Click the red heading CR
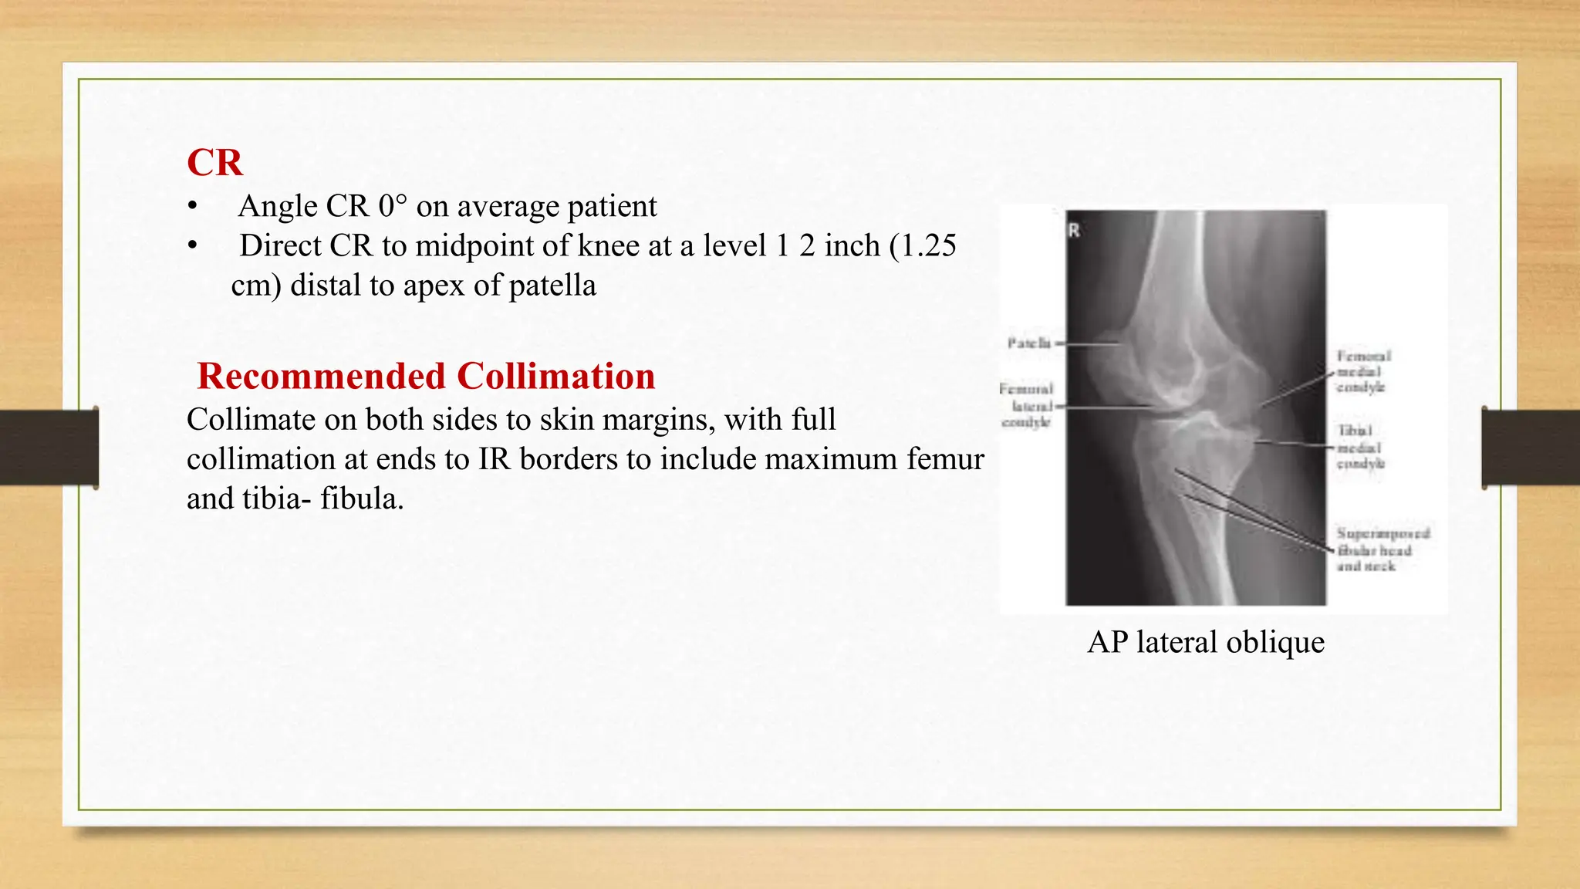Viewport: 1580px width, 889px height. click(x=214, y=163)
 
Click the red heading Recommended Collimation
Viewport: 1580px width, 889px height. click(x=426, y=377)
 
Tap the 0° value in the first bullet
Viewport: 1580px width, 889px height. click(x=392, y=206)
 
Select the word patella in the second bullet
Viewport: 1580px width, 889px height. click(x=552, y=286)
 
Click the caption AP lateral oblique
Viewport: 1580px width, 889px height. click(x=1205, y=642)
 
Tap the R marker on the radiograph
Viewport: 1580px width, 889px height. click(x=1073, y=230)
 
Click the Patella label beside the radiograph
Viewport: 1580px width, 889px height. click(x=1028, y=343)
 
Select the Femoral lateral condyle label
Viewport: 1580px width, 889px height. click(x=1027, y=405)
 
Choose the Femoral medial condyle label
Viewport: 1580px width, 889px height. click(x=1362, y=371)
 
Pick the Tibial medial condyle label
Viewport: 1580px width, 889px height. click(x=1360, y=447)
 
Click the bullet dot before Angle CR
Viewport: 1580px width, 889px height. click(x=192, y=207)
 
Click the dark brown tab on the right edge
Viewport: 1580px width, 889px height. click(x=1531, y=448)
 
